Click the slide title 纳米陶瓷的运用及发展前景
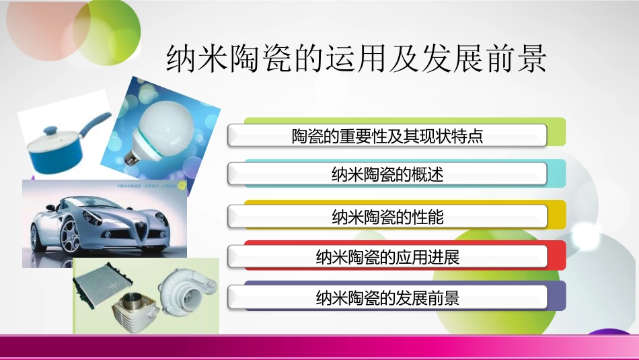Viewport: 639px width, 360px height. click(356, 59)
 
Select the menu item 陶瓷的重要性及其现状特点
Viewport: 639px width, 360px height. click(388, 137)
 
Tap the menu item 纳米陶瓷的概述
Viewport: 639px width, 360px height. click(388, 176)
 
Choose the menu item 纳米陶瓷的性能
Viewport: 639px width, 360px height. click(388, 217)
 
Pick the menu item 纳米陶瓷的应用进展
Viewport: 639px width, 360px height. click(388, 257)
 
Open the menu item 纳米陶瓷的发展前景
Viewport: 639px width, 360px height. click(388, 297)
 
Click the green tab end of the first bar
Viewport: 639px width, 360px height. click(557, 132)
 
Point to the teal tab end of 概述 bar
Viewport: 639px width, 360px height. click(557, 173)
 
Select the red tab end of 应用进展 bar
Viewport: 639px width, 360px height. click(557, 255)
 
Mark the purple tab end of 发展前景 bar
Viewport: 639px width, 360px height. click(557, 295)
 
